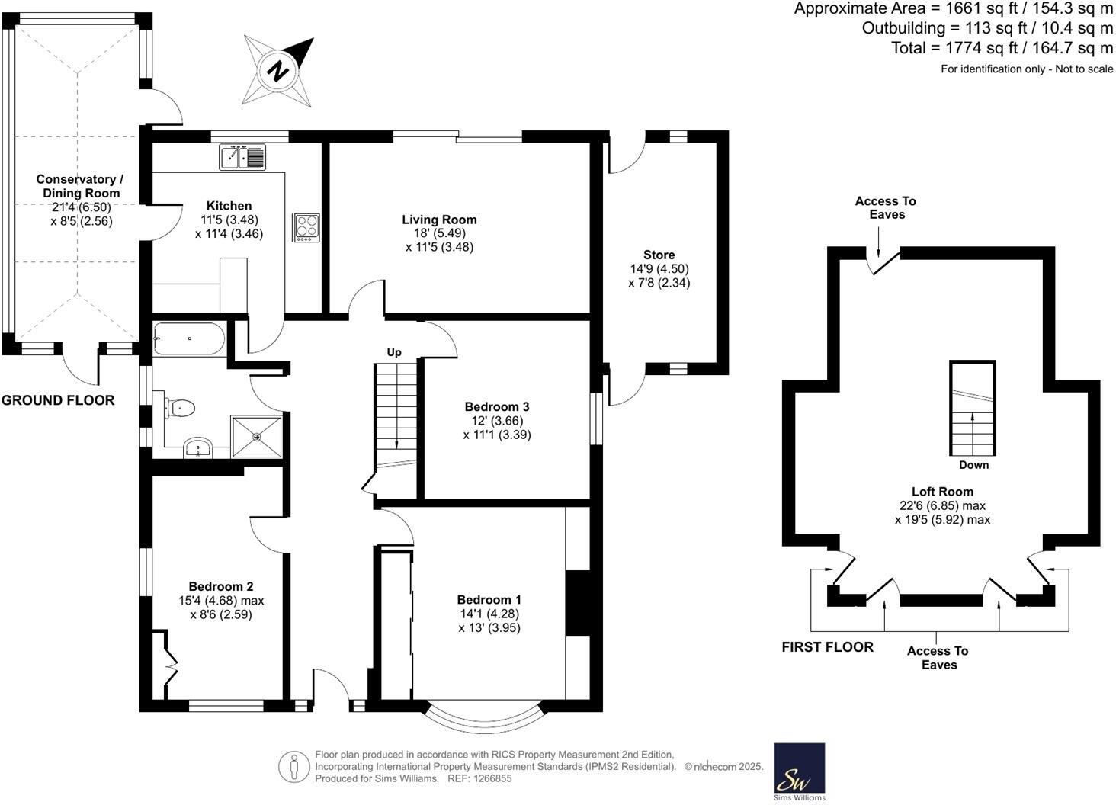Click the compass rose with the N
pos(278,72)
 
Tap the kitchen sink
pos(242,157)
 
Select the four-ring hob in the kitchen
pos(306,227)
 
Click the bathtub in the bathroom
pos(188,338)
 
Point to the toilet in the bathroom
pos(181,409)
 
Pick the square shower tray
pos(256,437)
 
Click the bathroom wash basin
pos(200,449)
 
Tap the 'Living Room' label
pos(439,220)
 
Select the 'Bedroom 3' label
pos(496,406)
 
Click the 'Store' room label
pos(659,255)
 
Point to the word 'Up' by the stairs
pos(394,352)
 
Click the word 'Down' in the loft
pos(973,464)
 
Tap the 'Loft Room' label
pos(942,492)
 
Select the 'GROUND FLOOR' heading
pos(58,400)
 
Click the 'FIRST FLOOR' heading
pos(827,647)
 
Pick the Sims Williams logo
pos(799,771)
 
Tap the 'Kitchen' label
pos(229,206)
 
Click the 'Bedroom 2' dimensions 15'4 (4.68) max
pos(221,601)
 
